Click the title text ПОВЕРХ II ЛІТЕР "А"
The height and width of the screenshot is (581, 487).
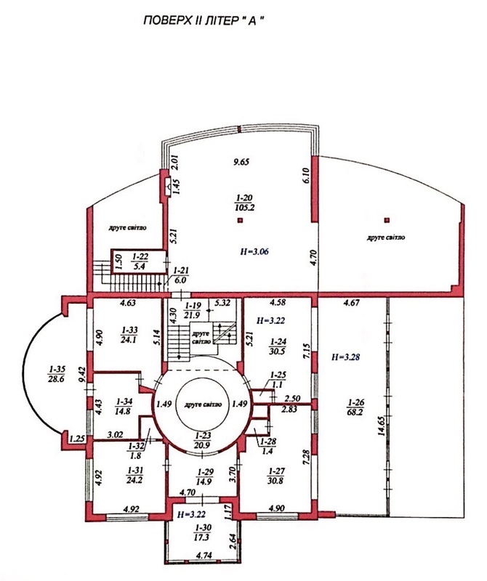tap(204, 21)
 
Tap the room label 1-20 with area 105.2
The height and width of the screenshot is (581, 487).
tap(244, 203)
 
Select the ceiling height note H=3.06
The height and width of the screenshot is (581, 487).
tap(254, 251)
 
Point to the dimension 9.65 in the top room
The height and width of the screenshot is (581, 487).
tap(241, 161)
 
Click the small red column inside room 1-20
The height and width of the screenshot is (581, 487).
tap(240, 221)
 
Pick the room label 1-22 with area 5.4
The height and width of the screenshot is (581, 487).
tap(140, 261)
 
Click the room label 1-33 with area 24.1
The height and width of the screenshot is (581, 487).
tap(129, 335)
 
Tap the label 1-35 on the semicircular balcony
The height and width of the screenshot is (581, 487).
tap(57, 373)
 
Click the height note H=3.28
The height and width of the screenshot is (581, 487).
tap(345, 357)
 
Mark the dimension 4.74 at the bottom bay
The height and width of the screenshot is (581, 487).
tap(204, 556)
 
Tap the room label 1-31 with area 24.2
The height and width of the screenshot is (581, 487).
tap(134, 476)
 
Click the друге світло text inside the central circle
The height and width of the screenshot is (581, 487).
tap(203, 405)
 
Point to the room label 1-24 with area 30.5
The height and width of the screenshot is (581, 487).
tap(278, 346)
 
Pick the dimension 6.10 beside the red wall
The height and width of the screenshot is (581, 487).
tap(305, 175)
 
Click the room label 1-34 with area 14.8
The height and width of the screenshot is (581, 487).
tap(123, 406)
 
